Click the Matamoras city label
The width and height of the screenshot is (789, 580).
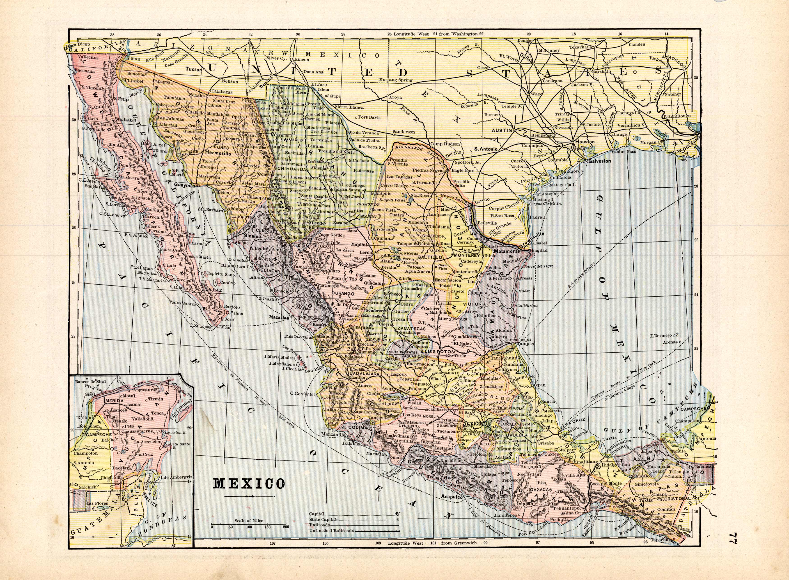click(507, 251)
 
